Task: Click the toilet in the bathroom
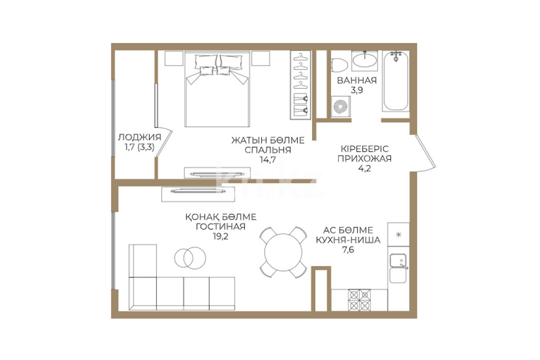point(339,66)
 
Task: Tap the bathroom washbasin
point(364,60)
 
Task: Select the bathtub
point(396,81)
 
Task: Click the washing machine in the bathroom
point(341,107)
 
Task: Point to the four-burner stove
point(359,300)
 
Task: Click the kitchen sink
point(398,260)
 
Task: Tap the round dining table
point(283,252)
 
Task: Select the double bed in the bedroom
point(217,89)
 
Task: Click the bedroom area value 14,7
point(268,160)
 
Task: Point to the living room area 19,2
point(220,237)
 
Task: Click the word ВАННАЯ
point(357,81)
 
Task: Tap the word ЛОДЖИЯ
point(140,137)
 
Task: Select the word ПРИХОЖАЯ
point(364,158)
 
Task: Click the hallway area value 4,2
point(365,169)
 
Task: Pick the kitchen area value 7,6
point(348,250)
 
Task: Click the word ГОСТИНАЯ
point(221,227)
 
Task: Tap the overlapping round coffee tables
point(190,257)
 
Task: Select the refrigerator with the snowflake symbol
point(398,235)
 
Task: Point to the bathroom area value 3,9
point(357,90)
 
